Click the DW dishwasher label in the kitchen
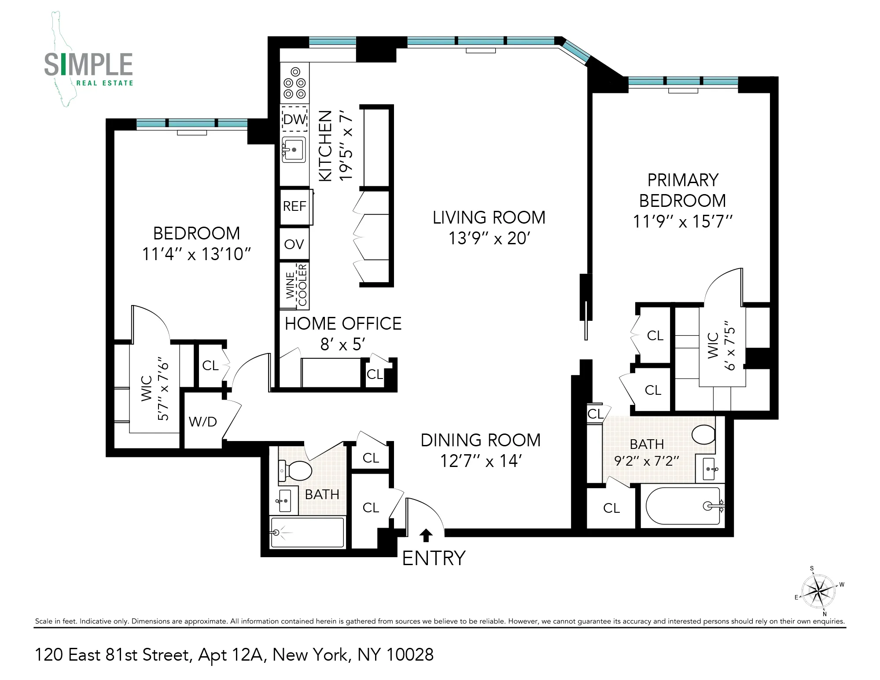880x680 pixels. point(295,119)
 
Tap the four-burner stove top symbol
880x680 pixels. point(295,83)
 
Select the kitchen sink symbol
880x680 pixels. point(294,150)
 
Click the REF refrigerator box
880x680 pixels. point(295,206)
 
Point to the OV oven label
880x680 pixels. point(294,244)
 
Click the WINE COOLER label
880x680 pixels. point(296,285)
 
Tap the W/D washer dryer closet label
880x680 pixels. point(203,422)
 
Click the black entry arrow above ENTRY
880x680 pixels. point(425,535)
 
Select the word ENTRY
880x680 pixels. point(434,558)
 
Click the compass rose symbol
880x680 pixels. point(818,591)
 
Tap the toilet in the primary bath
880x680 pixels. point(703,434)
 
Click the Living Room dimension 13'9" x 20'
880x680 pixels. point(489,238)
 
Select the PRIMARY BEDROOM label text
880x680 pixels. point(682,190)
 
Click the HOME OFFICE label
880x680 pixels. point(343,323)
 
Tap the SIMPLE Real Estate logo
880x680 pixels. point(88,66)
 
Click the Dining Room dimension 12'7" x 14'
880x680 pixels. point(481,461)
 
